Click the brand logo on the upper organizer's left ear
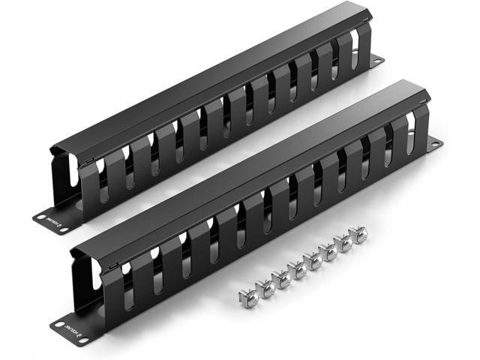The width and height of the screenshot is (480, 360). tap(51, 222)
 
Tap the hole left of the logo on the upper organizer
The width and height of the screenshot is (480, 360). tap(38, 217)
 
